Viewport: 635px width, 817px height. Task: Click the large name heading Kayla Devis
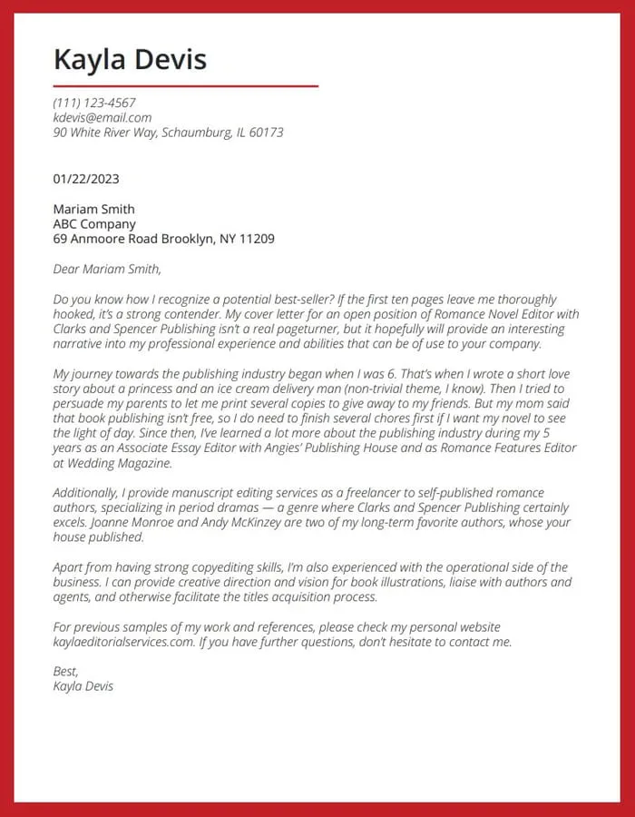(x=130, y=60)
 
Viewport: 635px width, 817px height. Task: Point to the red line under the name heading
(x=186, y=86)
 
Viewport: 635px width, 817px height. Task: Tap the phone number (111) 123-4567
(x=94, y=103)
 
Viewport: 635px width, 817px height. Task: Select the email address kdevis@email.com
(x=103, y=117)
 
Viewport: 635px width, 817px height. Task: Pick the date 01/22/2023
(x=86, y=179)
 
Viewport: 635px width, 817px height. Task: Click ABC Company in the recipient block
(x=94, y=224)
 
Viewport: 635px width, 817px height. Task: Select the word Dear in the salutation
(x=67, y=269)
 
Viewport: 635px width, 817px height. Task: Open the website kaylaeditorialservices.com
(x=124, y=642)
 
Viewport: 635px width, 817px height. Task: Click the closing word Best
(x=65, y=671)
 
